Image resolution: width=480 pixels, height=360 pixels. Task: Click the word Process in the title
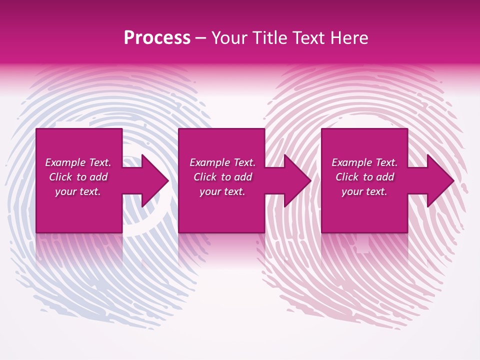pos(157,38)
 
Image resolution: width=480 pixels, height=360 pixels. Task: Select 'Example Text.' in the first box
pos(78,162)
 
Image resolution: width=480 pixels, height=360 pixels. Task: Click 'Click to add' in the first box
pos(78,177)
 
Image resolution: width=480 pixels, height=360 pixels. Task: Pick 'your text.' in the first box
pos(78,191)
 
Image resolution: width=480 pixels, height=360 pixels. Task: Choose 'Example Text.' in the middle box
pos(222,162)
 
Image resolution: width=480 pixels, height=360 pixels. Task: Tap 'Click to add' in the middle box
pos(222,177)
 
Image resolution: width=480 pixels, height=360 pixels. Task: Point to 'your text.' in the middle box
pos(222,191)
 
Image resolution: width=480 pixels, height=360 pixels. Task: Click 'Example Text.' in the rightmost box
pos(364,162)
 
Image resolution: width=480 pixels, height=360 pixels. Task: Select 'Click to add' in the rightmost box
pos(364,177)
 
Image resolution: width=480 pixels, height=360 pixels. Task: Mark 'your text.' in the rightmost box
pos(364,191)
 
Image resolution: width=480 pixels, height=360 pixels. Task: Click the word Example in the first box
pos(65,162)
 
